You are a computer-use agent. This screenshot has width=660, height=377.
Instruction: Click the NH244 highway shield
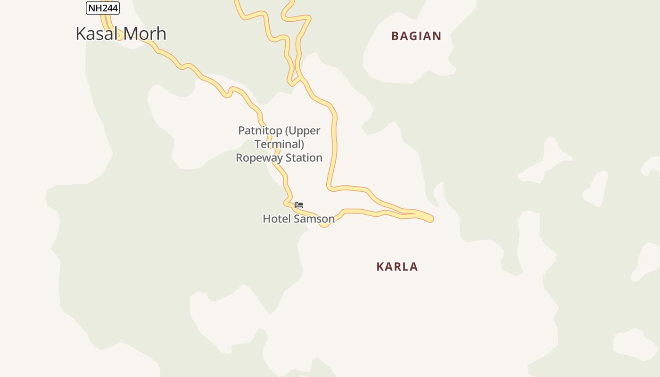tap(103, 8)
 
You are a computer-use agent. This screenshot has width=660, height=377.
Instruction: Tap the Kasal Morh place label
tap(121, 33)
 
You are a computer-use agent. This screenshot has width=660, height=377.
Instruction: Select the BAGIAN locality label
tap(416, 36)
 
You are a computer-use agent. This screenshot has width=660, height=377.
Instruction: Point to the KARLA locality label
tap(397, 267)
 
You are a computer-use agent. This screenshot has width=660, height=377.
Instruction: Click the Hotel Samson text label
tap(298, 219)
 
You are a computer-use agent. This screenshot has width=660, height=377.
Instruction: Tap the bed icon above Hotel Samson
tap(299, 205)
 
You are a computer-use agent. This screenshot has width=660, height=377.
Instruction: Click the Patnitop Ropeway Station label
tap(279, 144)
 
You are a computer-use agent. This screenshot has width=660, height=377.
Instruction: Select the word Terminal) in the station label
tap(279, 144)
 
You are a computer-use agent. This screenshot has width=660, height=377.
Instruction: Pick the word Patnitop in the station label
tap(260, 131)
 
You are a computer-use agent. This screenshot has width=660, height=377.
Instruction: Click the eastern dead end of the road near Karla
tap(430, 219)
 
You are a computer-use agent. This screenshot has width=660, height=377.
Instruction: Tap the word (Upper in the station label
tap(303, 131)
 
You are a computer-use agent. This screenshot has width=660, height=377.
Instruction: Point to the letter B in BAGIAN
tap(396, 36)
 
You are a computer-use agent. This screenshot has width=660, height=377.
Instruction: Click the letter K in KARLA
tap(380, 267)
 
